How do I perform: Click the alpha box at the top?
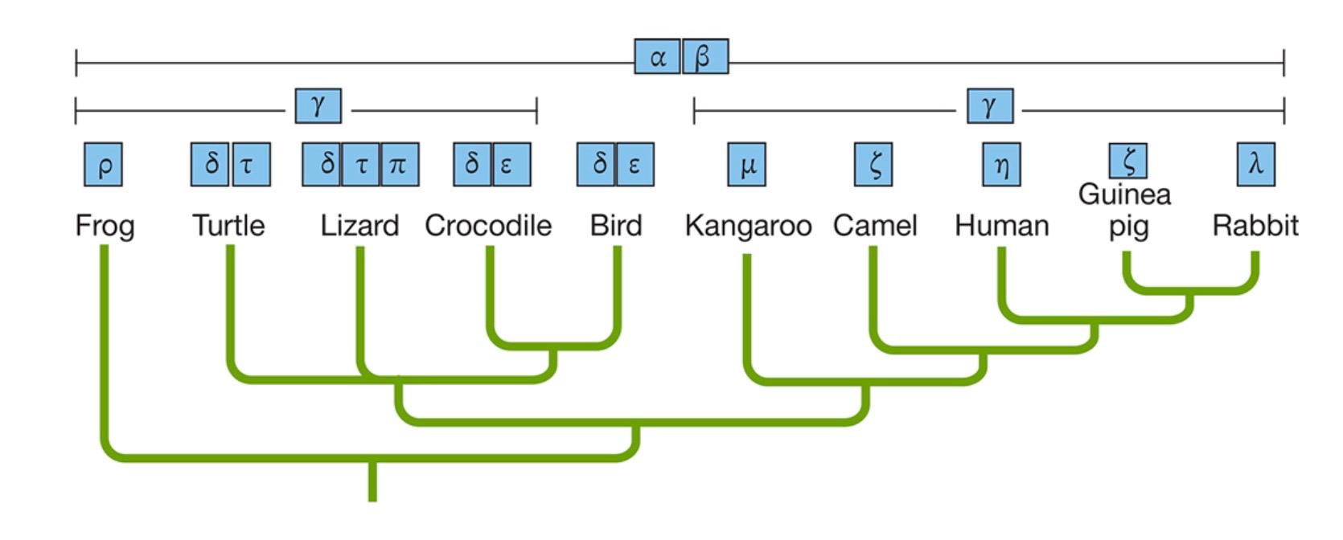pyautogui.click(x=657, y=57)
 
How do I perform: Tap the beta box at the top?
pyautogui.click(x=705, y=57)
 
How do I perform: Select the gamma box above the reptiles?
pyautogui.click(x=318, y=106)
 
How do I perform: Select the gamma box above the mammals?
pyautogui.click(x=990, y=106)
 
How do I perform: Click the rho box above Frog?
pyautogui.click(x=104, y=165)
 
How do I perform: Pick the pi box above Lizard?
pyautogui.click(x=400, y=165)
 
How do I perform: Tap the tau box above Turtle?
pyautogui.click(x=251, y=165)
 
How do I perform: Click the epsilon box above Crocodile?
pyautogui.click(x=511, y=165)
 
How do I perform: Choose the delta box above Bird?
pyautogui.click(x=597, y=165)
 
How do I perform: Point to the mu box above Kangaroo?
pyautogui.click(x=746, y=165)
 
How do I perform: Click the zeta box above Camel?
pyautogui.click(x=873, y=165)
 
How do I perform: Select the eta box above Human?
pyautogui.click(x=1001, y=165)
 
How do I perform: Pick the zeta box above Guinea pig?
pyautogui.click(x=1128, y=161)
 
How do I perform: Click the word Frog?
pyautogui.click(x=105, y=226)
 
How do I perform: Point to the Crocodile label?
pyautogui.click(x=488, y=226)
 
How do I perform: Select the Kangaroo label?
pyautogui.click(x=748, y=226)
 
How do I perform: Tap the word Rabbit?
pyautogui.click(x=1255, y=226)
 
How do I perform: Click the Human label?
pyautogui.click(x=1001, y=226)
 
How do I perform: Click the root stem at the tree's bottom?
pyautogui.click(x=372, y=482)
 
